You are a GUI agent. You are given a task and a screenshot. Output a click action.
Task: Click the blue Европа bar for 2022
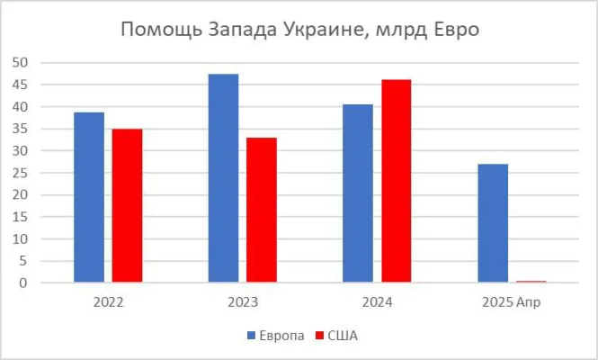pos(89,197)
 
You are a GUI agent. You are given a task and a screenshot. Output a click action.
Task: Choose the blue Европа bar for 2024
pos(358,193)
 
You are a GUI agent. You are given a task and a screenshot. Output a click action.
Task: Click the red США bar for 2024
pos(396,181)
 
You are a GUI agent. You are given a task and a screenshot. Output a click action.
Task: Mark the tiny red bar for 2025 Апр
pos(531,282)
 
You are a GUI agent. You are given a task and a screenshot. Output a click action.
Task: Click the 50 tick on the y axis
pos(21,62)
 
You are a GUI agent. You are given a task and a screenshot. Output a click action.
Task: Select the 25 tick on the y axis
pos(21,173)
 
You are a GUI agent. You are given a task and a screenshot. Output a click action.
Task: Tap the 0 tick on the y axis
pos(24,283)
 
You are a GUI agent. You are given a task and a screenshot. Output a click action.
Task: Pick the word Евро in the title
pos(454,30)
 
